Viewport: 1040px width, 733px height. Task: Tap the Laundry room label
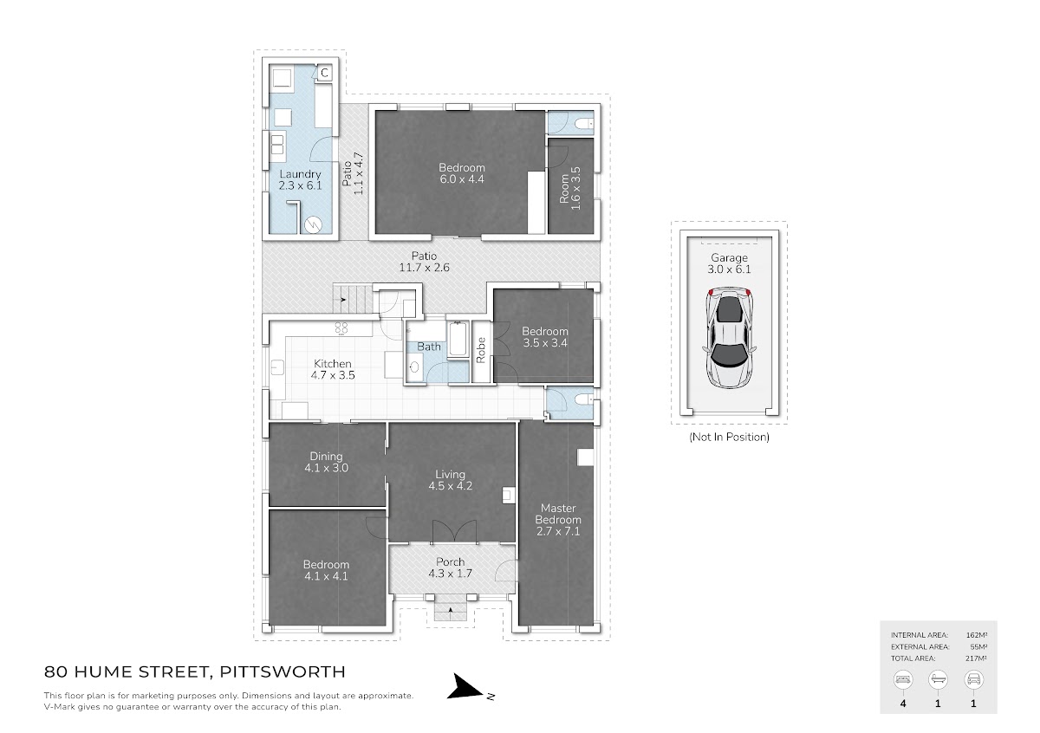click(300, 179)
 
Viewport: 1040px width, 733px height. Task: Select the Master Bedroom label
click(558, 520)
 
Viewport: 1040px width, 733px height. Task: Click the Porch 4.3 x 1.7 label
click(451, 568)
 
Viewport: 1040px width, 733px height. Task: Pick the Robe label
click(481, 350)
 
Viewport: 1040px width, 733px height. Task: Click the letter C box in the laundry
click(325, 73)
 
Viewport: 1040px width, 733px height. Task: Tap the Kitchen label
click(333, 369)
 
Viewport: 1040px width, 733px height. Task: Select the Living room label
click(451, 480)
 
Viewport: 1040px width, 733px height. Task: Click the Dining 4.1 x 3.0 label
click(327, 462)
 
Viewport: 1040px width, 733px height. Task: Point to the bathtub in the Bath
click(458, 340)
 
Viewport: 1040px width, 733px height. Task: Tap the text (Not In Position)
click(730, 437)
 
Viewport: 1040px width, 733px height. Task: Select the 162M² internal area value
click(977, 635)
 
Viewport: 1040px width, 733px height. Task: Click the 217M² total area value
click(976, 658)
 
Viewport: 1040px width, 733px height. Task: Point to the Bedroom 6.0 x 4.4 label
click(462, 173)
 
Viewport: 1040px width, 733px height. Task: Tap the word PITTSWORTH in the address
click(283, 671)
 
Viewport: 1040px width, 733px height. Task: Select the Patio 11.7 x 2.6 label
click(425, 262)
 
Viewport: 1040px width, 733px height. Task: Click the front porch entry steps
click(451, 607)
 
